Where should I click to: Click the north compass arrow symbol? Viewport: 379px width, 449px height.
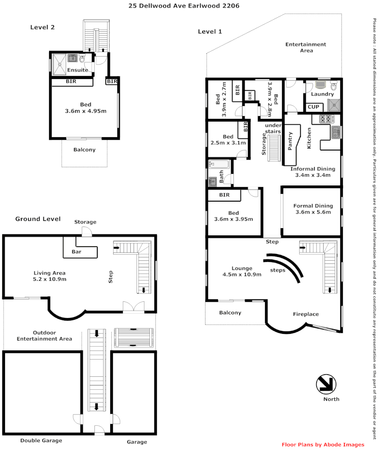click(326, 384)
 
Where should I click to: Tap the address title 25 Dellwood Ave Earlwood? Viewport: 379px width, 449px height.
click(184, 6)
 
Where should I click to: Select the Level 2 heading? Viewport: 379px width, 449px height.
click(42, 27)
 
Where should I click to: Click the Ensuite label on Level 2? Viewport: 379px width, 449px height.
click(77, 70)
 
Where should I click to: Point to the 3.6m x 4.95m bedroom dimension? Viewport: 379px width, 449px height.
click(86, 111)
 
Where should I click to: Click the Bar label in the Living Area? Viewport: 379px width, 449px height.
click(77, 252)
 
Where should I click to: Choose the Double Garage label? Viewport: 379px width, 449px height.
click(41, 440)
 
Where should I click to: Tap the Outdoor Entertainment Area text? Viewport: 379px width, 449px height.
click(44, 336)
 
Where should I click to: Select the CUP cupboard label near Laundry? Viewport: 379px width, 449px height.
click(313, 107)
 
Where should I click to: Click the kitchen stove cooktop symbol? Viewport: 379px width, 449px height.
click(325, 119)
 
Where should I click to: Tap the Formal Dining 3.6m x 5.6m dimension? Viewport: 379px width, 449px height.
click(313, 212)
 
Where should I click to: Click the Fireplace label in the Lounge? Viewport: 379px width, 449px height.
click(305, 314)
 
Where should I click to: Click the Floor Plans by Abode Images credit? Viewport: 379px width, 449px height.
click(323, 444)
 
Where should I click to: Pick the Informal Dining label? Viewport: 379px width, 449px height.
click(312, 169)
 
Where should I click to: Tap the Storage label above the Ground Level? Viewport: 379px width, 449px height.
click(85, 222)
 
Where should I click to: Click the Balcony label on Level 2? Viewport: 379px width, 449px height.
click(84, 150)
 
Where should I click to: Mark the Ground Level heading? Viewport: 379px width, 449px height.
click(38, 219)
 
